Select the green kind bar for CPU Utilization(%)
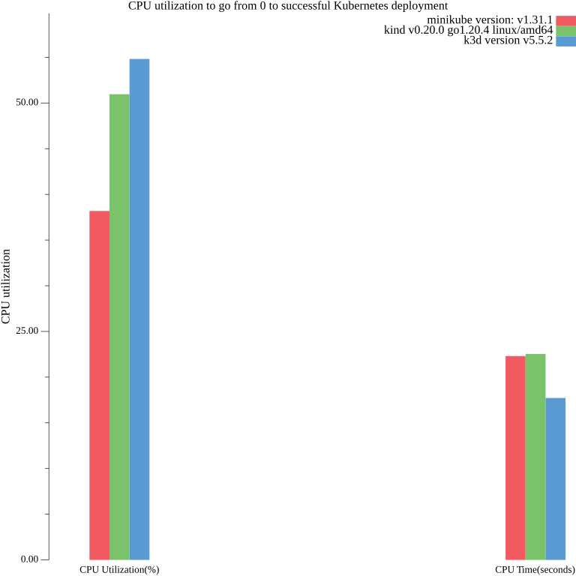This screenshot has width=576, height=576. pyautogui.click(x=119, y=326)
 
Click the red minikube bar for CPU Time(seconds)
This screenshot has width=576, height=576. pyautogui.click(x=515, y=457)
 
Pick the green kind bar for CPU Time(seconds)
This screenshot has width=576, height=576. pyautogui.click(x=535, y=456)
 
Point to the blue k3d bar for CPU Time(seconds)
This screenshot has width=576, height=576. pyautogui.click(x=556, y=478)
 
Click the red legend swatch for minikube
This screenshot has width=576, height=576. pyautogui.click(x=566, y=20)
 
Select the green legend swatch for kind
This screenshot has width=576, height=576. pyautogui.click(x=566, y=31)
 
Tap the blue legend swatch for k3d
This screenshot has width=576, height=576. pyautogui.click(x=566, y=41)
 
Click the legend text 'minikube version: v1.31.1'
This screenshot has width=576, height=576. pyautogui.click(x=490, y=19)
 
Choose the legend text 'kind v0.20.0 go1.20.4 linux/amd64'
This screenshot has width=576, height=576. pyautogui.click(x=468, y=30)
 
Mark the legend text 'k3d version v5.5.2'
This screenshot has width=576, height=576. pyautogui.click(x=508, y=40)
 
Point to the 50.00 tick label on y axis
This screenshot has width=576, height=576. pyautogui.click(x=27, y=103)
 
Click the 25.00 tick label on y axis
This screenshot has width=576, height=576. pyautogui.click(x=27, y=331)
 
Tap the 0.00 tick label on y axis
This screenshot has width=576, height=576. pyautogui.click(x=29, y=559)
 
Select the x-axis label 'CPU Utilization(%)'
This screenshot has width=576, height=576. pyautogui.click(x=119, y=570)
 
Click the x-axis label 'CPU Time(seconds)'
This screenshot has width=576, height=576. pyautogui.click(x=535, y=570)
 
